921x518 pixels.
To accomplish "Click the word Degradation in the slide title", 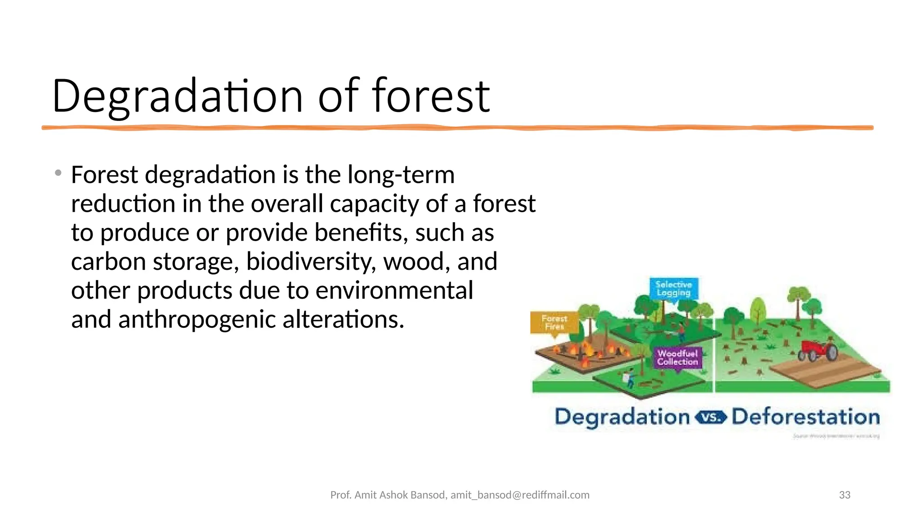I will (178, 96).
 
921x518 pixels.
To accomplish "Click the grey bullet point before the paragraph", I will (58, 173).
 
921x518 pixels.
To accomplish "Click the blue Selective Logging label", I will (673, 289).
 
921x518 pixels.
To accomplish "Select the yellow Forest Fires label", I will (554, 322).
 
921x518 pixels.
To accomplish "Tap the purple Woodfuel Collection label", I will (677, 357).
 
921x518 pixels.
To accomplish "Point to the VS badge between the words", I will (711, 417).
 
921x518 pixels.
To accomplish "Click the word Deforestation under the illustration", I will (805, 417).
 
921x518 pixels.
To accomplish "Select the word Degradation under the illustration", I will (622, 417).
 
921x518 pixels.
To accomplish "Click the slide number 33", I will (845, 495).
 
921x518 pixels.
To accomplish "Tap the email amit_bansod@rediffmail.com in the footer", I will (520, 495).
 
